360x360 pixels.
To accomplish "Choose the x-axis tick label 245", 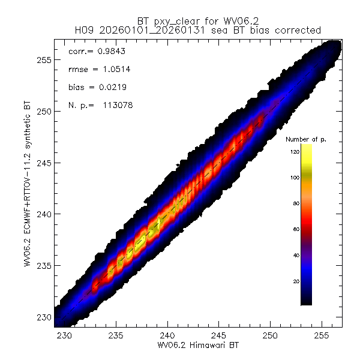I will coord(219,337).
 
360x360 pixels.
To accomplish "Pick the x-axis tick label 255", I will coord(322,337).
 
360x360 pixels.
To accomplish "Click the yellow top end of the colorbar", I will coord(306,148).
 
